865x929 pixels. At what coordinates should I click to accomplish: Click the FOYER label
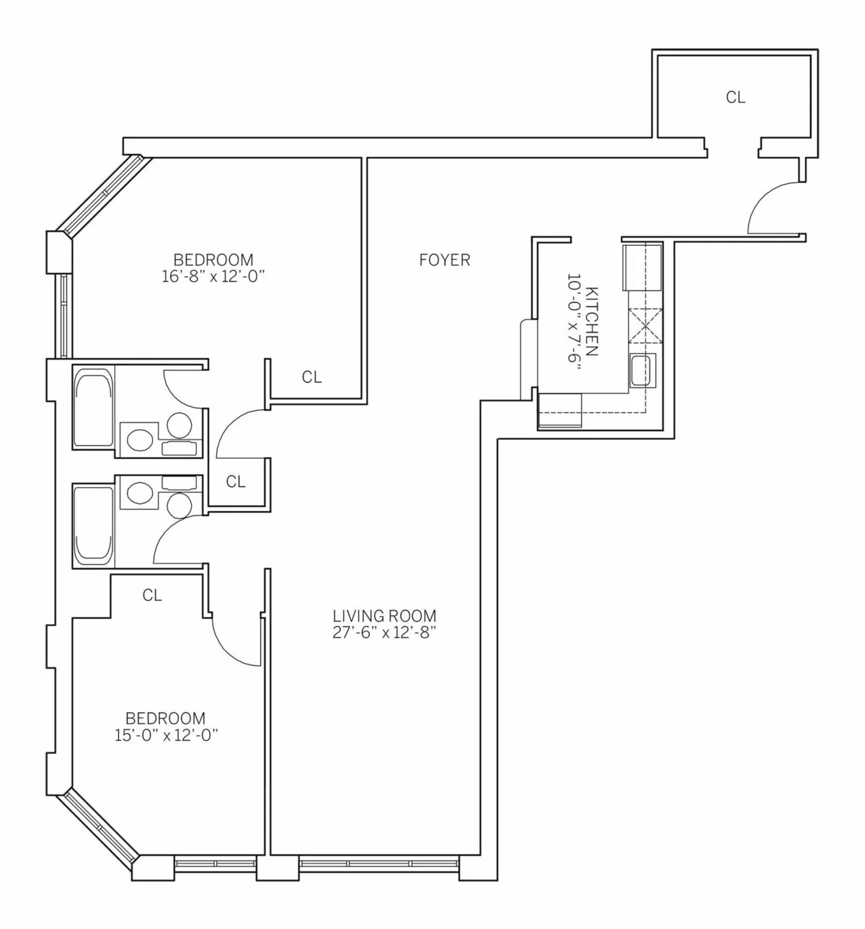445,260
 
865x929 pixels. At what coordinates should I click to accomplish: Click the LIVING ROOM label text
384,616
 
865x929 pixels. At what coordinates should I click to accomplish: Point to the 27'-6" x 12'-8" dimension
384,633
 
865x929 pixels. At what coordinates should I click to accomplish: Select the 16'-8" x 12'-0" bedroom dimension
213,276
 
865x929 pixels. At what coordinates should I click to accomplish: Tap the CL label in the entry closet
735,97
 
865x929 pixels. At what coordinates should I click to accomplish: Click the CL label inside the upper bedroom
311,377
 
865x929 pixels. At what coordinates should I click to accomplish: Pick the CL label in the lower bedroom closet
152,595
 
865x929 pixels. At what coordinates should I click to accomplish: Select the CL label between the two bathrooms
236,482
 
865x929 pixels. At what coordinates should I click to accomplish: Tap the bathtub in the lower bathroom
94,525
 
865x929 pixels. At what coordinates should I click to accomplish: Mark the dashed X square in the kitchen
645,324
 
